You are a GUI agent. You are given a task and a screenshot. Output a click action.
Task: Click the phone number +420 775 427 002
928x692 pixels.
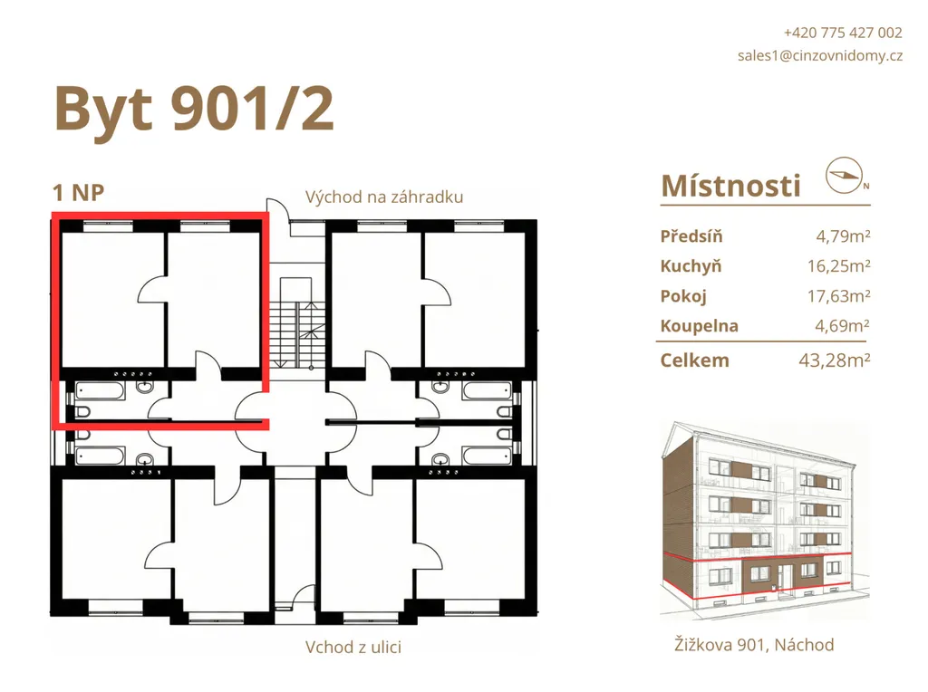pyautogui.click(x=843, y=33)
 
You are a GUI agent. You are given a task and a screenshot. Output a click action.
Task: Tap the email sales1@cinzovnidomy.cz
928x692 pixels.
pyautogui.click(x=820, y=55)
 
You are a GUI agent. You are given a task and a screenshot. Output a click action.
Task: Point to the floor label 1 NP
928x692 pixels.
pyautogui.click(x=78, y=193)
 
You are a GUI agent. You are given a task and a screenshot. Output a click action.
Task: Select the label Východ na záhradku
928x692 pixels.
pyautogui.click(x=384, y=197)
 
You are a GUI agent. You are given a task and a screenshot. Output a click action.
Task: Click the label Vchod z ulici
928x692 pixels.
pyautogui.click(x=353, y=647)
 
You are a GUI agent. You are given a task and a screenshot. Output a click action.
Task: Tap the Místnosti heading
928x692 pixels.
pyautogui.click(x=731, y=186)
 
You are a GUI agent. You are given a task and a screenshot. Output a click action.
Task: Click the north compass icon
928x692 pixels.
pyautogui.click(x=846, y=175)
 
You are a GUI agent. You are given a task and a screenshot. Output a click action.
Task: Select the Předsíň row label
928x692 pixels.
pyautogui.click(x=691, y=236)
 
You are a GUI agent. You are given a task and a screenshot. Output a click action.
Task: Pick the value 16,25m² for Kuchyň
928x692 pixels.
pyautogui.click(x=838, y=266)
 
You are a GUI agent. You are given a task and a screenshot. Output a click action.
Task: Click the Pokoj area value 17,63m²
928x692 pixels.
pyautogui.click(x=838, y=295)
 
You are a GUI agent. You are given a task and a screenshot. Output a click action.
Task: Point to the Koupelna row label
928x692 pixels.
pyautogui.click(x=699, y=326)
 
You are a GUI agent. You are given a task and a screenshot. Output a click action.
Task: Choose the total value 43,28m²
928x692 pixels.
pyautogui.click(x=835, y=360)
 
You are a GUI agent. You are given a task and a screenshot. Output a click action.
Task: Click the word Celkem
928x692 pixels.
pyautogui.click(x=694, y=360)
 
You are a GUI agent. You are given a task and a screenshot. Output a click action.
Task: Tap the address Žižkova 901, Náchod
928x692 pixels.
pyautogui.click(x=754, y=645)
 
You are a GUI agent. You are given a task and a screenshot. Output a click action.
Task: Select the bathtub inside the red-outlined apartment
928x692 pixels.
pyautogui.click(x=100, y=390)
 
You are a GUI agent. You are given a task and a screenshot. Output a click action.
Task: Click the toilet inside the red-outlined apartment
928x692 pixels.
pyautogui.click(x=81, y=411)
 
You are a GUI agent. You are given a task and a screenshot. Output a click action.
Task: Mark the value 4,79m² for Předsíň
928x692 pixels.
pyautogui.click(x=843, y=236)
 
